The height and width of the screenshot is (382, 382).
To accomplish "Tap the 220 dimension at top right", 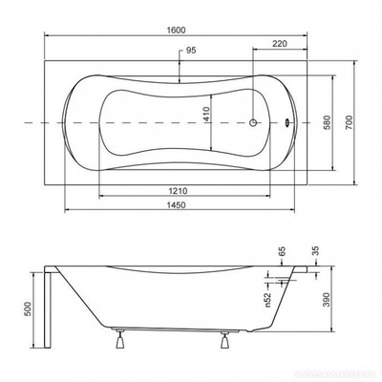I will [x=280, y=43].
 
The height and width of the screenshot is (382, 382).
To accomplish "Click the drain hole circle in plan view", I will [x=255, y=122].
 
